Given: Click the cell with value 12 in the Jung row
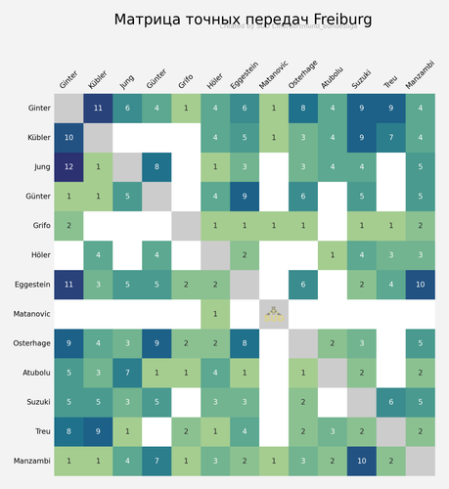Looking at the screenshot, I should (x=68, y=168).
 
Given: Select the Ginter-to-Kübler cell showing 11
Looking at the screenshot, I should (x=98, y=109).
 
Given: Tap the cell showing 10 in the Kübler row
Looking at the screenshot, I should (x=68, y=138).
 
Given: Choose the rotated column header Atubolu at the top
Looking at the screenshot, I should (x=332, y=76).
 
